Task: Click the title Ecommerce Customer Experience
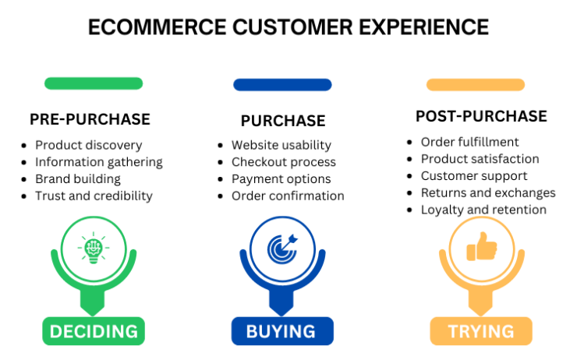pyautogui.click(x=288, y=27)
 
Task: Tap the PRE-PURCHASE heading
pyautogui.click(x=90, y=119)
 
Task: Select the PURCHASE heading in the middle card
pyautogui.click(x=283, y=121)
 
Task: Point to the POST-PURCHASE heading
pyautogui.click(x=481, y=116)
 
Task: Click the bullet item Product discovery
pyautogui.click(x=88, y=145)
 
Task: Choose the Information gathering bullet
pyautogui.click(x=98, y=162)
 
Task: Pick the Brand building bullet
pyautogui.click(x=78, y=179)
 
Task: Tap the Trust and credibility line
pyautogui.click(x=94, y=196)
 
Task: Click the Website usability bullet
pyautogui.click(x=281, y=145)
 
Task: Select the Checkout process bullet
pyautogui.click(x=283, y=162)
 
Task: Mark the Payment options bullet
pyautogui.click(x=281, y=179)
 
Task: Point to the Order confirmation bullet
pyautogui.click(x=288, y=196)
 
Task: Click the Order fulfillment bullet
pyautogui.click(x=469, y=142)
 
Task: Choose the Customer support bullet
pyautogui.click(x=474, y=176)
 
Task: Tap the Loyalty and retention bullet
pyautogui.click(x=483, y=210)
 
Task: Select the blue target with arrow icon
pyautogui.click(x=281, y=249)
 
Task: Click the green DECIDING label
pyautogui.click(x=94, y=331)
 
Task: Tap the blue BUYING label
pyautogui.click(x=281, y=331)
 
